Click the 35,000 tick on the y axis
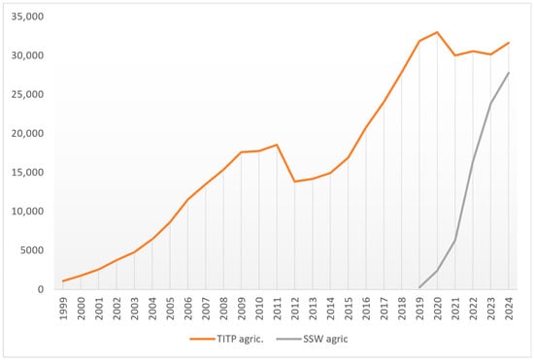(27, 16)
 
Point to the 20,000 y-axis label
(27, 133)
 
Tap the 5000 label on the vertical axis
(32, 250)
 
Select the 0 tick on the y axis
(41, 289)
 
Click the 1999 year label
(63, 309)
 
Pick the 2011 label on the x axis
(278, 309)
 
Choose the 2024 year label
(509, 309)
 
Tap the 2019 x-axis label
(419, 309)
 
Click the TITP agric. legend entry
(227, 339)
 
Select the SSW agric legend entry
(313, 339)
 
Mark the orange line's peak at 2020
(437, 32)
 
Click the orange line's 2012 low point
(294, 181)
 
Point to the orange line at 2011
(277, 145)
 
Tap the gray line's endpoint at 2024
(509, 73)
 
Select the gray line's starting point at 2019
(419, 287)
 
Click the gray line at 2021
(455, 241)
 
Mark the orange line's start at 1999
(63, 281)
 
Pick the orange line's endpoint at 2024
(509, 43)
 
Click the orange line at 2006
(187, 199)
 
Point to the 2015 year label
(349, 309)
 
